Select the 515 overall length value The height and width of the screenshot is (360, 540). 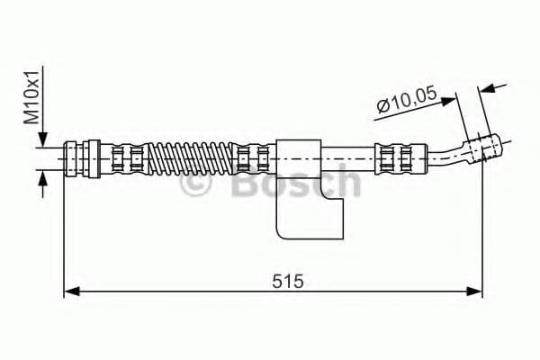(287, 281)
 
